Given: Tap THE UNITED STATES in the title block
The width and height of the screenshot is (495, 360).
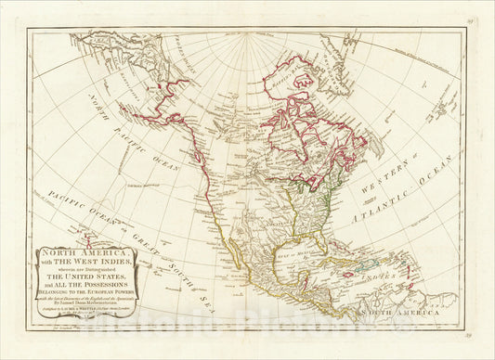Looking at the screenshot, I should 92,277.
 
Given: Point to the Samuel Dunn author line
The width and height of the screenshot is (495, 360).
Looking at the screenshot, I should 91,302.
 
